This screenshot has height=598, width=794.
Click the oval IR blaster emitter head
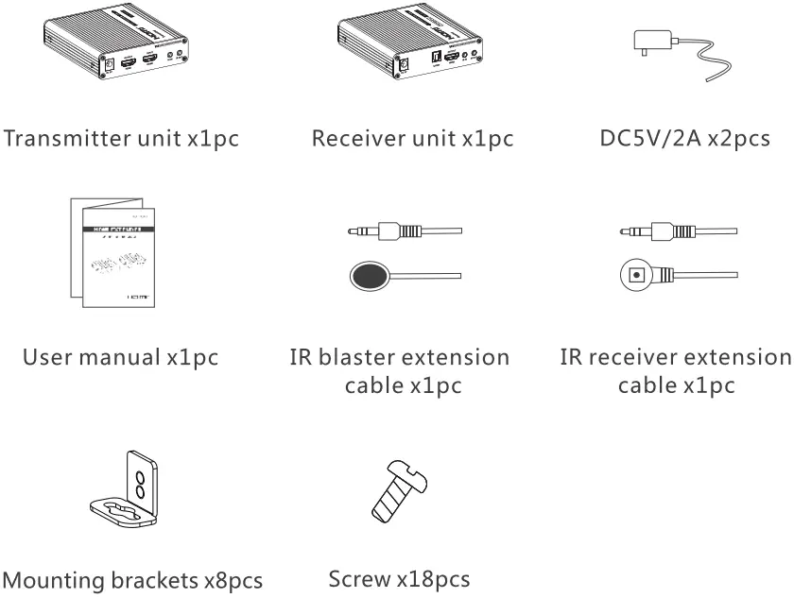[368, 276]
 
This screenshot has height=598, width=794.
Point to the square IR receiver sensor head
[635, 276]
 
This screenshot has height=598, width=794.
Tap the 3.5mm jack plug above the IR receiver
[658, 231]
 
